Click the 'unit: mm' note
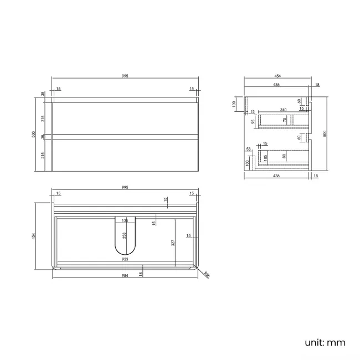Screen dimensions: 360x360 click(325, 342)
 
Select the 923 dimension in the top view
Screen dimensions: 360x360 click(125, 259)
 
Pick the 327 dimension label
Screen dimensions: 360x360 click(173, 242)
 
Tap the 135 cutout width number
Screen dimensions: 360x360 click(125, 220)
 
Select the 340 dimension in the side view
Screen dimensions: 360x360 click(282, 110)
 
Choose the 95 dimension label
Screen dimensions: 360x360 click(253, 121)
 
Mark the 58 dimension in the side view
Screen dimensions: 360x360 click(249, 149)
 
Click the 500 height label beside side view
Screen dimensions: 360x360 click(325, 133)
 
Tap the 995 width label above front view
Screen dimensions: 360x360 click(125, 76)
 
